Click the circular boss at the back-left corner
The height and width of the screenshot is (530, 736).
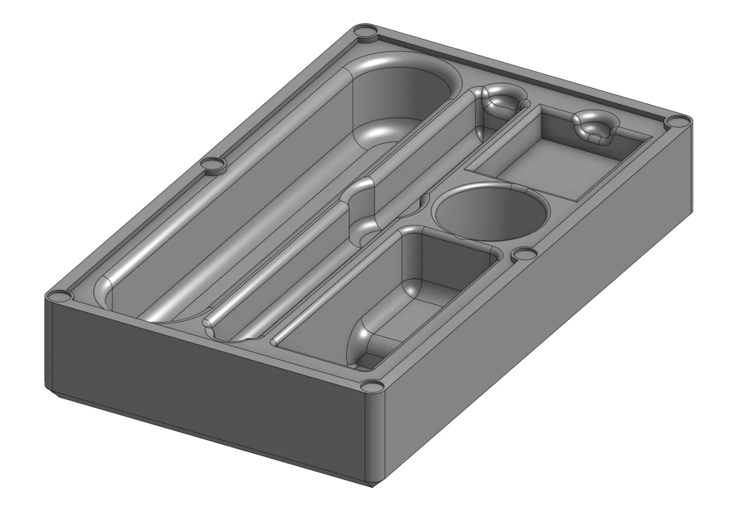click(x=366, y=33)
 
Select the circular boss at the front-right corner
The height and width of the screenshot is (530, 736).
click(x=372, y=387)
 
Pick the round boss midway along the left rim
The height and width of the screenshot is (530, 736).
click(x=213, y=164)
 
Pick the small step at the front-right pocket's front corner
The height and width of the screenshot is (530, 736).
click(x=370, y=361)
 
